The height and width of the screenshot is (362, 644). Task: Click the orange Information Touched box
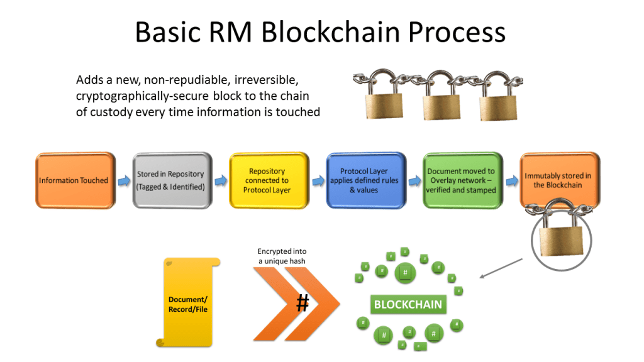(74, 180)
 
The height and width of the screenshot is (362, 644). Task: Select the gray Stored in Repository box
(170, 180)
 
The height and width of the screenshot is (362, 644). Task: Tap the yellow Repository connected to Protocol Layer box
(267, 180)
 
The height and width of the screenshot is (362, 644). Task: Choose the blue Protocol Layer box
(364, 180)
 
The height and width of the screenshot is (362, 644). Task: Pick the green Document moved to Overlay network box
(461, 180)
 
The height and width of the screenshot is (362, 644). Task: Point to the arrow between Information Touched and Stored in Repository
(123, 181)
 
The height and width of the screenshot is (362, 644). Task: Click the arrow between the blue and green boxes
(413, 181)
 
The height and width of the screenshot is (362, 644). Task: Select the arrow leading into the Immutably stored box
(510, 181)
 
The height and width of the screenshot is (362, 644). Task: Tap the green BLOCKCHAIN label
(408, 305)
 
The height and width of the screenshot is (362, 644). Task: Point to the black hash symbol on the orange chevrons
(303, 304)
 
